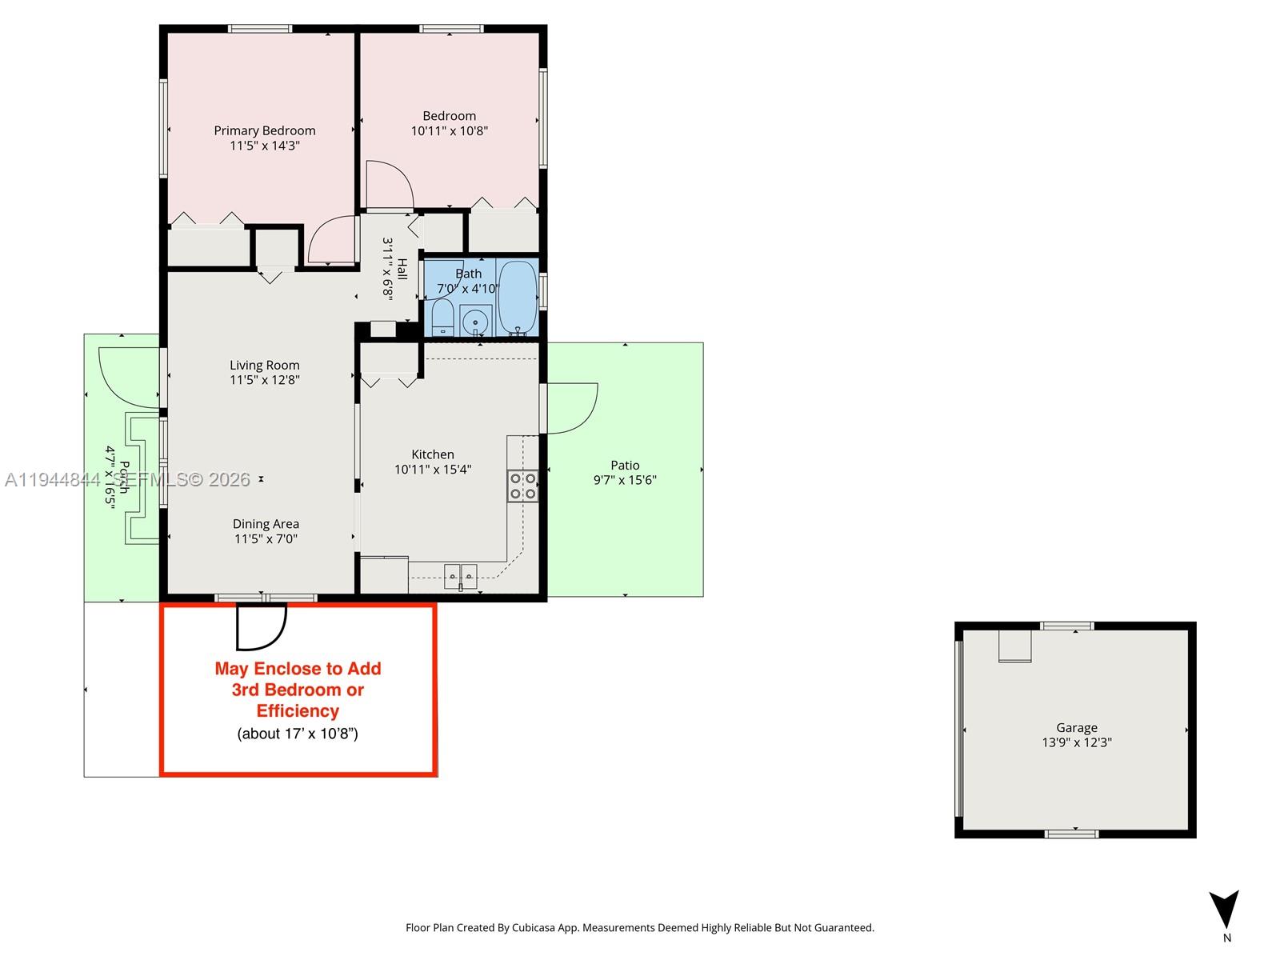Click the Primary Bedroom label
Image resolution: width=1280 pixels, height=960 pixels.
point(264,130)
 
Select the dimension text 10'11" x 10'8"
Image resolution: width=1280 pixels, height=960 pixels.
point(449,131)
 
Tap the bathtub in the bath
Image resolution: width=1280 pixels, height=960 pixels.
point(518,298)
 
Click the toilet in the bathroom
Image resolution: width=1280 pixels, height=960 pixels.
point(442,318)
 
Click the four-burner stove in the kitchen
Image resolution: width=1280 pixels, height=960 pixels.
point(522,486)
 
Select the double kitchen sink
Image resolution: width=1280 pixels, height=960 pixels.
point(460,574)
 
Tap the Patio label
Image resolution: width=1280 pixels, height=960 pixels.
point(625,465)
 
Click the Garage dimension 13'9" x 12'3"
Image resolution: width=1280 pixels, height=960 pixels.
point(1076,742)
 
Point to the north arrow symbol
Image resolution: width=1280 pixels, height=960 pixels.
point(1224,910)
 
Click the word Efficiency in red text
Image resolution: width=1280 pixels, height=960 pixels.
point(298,710)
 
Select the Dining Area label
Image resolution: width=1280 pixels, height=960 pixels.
point(266,524)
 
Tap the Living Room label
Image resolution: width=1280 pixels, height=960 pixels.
point(264,365)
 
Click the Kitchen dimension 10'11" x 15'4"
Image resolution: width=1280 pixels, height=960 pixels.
point(433,470)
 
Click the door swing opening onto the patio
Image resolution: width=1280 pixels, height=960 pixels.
point(572,408)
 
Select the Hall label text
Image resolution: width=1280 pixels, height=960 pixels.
point(402,269)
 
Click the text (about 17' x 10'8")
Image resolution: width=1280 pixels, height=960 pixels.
point(298,734)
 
